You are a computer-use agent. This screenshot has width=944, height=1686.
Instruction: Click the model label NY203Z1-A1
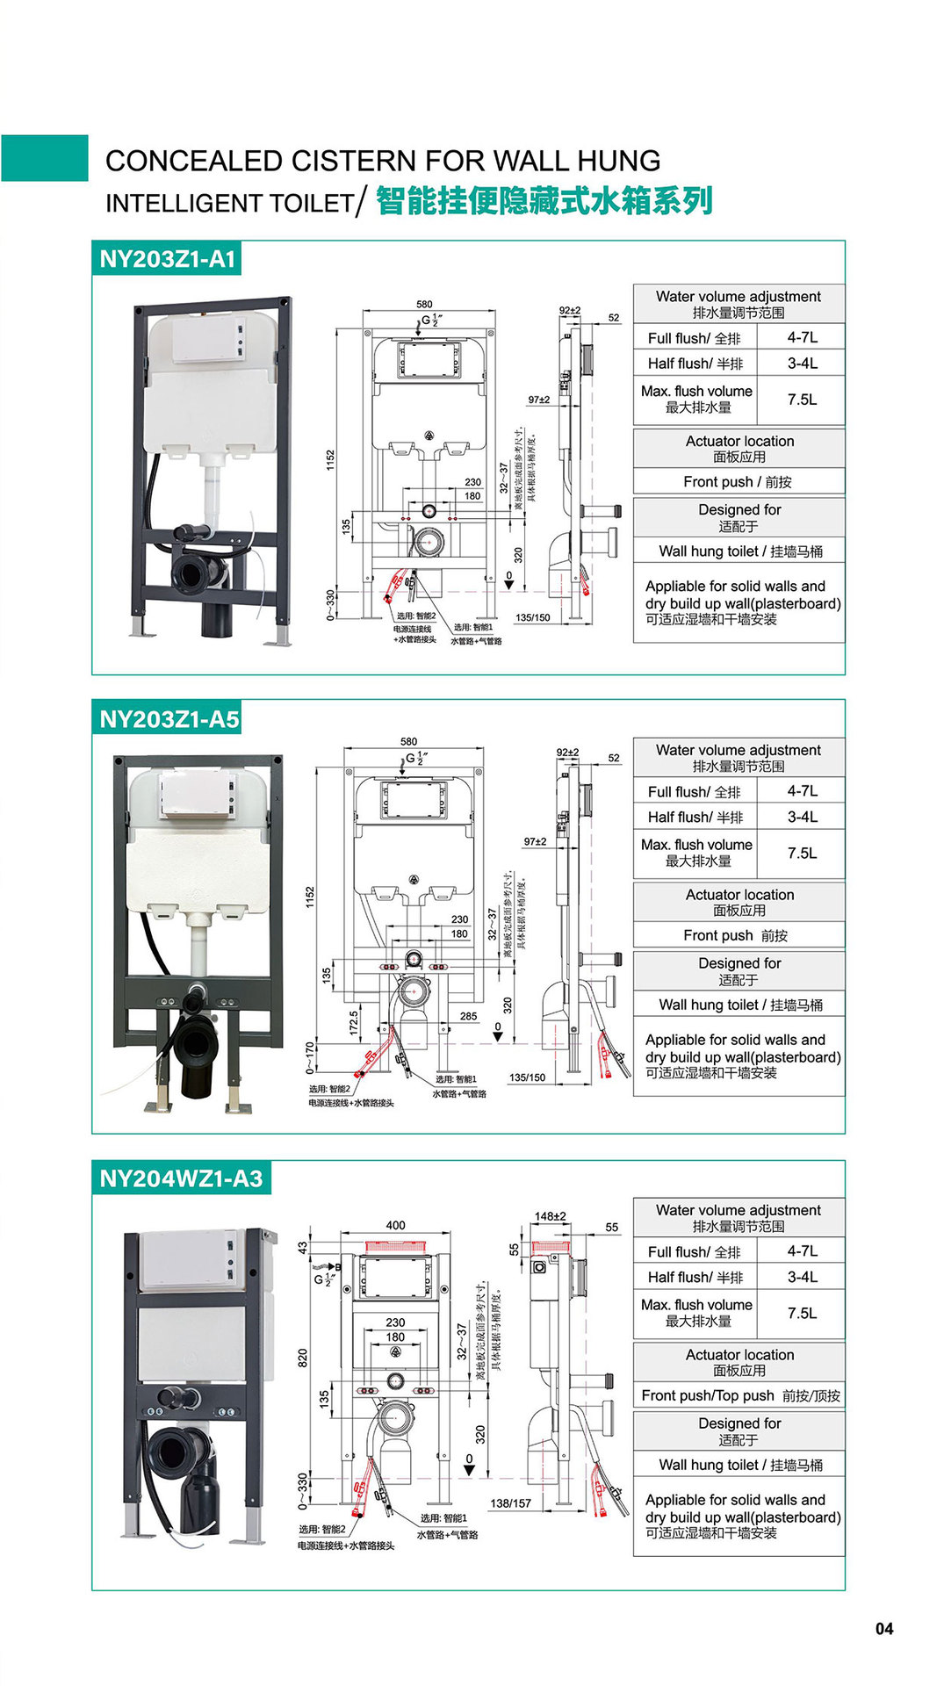point(167,259)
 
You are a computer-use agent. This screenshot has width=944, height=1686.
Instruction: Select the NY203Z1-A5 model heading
point(169,719)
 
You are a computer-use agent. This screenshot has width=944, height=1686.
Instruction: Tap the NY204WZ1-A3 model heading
point(181,1178)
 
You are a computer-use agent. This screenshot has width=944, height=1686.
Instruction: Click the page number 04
point(883,1629)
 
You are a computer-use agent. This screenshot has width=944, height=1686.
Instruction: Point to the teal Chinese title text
point(544,201)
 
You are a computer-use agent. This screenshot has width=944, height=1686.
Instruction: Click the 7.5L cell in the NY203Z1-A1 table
point(801,400)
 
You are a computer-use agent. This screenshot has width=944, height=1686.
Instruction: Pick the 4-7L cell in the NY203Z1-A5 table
point(801,791)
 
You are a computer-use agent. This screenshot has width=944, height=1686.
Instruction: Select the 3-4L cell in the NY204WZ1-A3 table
point(801,1277)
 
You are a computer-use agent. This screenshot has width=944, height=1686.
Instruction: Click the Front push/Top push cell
point(739,1395)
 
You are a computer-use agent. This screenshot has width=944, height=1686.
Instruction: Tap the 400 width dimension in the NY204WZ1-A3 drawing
point(395,1225)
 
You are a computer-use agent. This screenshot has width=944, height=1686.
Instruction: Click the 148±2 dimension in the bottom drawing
point(550,1216)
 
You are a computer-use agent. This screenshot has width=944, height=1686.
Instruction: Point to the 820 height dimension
point(303,1357)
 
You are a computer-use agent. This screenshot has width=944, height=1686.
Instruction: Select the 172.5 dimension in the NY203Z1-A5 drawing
point(354,1022)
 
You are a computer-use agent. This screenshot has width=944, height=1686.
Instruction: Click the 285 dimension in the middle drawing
point(468,1016)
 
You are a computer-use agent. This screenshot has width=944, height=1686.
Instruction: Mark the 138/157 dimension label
point(510,1503)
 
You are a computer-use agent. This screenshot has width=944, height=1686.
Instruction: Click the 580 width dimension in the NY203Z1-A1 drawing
point(424,304)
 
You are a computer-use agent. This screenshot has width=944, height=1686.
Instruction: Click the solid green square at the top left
point(45,158)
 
